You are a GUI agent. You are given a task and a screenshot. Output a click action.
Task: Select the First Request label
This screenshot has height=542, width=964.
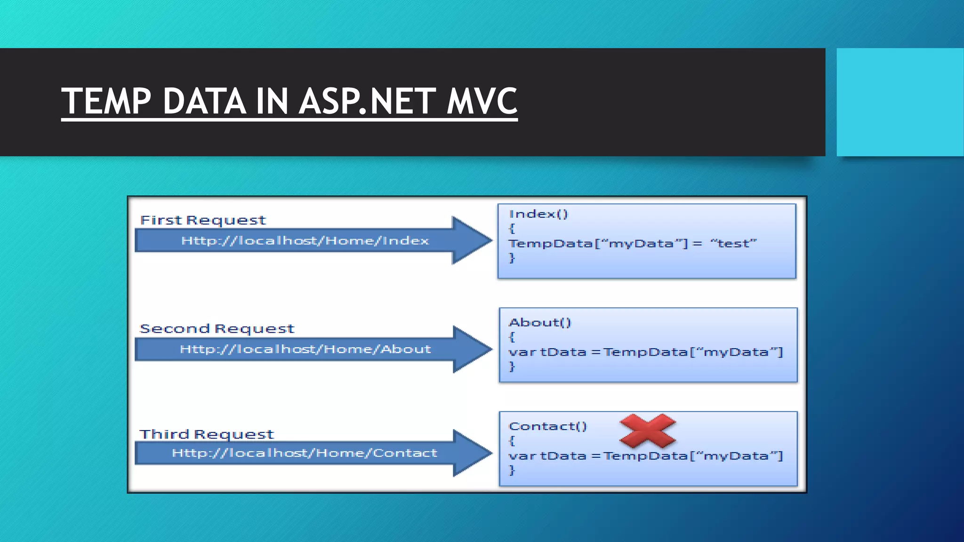(203, 220)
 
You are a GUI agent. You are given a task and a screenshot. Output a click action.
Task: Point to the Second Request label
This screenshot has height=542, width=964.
(217, 328)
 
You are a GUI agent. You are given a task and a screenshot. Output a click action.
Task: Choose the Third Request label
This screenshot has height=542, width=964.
(207, 434)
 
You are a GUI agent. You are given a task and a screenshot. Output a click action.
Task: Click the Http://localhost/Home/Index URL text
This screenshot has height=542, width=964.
(305, 241)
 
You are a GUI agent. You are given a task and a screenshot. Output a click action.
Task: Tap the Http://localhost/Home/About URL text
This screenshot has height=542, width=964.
(305, 349)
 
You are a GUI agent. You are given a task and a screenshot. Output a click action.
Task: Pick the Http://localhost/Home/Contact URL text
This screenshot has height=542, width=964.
(305, 453)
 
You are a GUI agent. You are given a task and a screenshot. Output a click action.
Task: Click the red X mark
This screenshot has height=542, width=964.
(648, 430)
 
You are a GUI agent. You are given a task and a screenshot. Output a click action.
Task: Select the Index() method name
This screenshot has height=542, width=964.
(538, 214)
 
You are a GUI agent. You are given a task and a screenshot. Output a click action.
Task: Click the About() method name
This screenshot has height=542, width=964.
(540, 323)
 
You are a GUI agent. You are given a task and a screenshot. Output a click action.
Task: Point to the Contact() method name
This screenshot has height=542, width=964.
(548, 426)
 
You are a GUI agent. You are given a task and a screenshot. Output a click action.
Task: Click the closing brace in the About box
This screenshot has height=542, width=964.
(512, 366)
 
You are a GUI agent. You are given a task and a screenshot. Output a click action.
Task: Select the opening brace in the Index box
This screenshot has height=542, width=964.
(512, 229)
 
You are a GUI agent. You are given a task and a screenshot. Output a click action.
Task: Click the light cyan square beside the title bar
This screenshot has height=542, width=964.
(900, 102)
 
